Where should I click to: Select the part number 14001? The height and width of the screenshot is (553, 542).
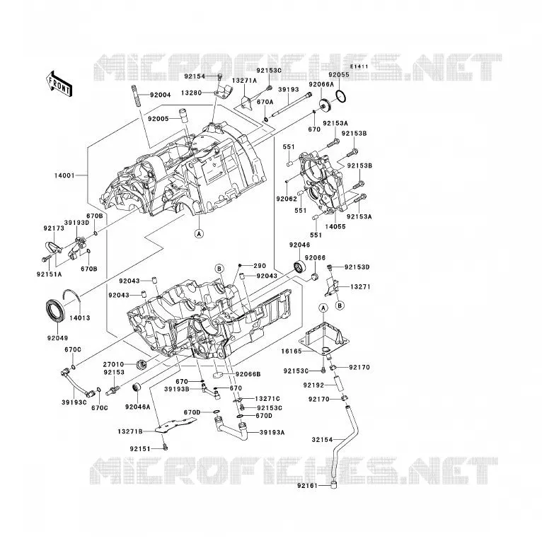pos(64,175)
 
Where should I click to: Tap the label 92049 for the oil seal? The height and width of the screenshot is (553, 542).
pos(57,338)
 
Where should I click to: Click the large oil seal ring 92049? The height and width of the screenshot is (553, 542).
pos(55,310)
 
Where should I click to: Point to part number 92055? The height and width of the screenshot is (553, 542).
pos(339,75)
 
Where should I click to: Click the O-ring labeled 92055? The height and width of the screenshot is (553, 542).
pos(341,97)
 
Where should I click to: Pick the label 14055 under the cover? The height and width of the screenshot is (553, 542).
pos(335,227)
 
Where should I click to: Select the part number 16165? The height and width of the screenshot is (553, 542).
pos(292,351)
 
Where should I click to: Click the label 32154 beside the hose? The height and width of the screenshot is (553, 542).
pos(322,440)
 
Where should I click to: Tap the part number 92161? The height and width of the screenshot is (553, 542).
pos(307,486)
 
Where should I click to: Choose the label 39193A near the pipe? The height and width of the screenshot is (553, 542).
pos(272,432)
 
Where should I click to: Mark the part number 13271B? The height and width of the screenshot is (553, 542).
pos(130,431)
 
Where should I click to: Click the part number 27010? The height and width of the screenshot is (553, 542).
pos(113,364)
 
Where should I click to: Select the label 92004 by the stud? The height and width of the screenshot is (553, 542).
pos(160,95)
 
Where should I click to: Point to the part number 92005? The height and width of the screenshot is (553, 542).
pos(158,119)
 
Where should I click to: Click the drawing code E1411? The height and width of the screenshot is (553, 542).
pos(359,66)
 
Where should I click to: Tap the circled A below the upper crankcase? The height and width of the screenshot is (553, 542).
pos(200,233)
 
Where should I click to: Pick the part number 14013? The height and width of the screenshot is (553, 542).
pos(80,318)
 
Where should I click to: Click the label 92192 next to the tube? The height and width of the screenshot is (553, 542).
pos(313,385)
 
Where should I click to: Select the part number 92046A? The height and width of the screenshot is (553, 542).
pos(137,407)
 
